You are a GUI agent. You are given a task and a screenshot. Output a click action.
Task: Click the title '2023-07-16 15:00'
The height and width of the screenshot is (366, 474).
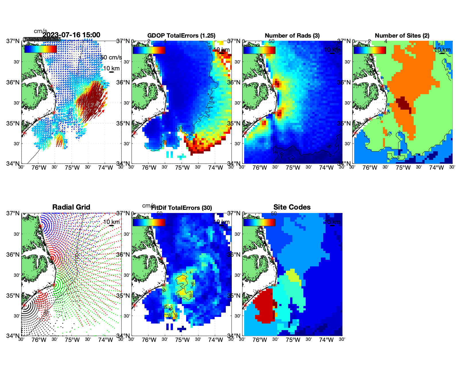71,35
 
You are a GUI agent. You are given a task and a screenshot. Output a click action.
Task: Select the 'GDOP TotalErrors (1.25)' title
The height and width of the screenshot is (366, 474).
181,36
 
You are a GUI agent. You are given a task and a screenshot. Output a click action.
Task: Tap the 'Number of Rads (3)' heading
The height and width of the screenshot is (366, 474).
292,36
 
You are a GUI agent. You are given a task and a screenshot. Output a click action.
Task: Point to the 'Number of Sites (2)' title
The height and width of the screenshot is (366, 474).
402,36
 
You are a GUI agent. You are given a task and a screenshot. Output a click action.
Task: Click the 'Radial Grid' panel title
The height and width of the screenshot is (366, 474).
71,207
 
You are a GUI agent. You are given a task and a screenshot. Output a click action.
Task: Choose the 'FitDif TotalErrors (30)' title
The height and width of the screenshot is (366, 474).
182,208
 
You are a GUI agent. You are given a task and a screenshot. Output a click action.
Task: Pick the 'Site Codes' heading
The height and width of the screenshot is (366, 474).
292,207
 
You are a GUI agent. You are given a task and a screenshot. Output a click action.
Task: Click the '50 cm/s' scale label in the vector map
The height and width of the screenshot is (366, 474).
111,57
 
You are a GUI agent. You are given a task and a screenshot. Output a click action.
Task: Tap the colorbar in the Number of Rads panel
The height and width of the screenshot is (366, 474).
259,50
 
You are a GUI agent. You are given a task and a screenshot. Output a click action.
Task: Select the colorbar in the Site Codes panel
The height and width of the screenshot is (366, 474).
259,222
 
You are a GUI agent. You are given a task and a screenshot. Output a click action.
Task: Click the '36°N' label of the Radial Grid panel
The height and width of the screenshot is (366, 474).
13,255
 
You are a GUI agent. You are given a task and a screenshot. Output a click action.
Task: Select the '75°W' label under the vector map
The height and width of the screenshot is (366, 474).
72,168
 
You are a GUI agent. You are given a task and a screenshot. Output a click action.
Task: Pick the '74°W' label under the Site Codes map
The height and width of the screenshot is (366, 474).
326,340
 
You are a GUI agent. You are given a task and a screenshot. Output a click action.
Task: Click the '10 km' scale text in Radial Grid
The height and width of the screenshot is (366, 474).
111,222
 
